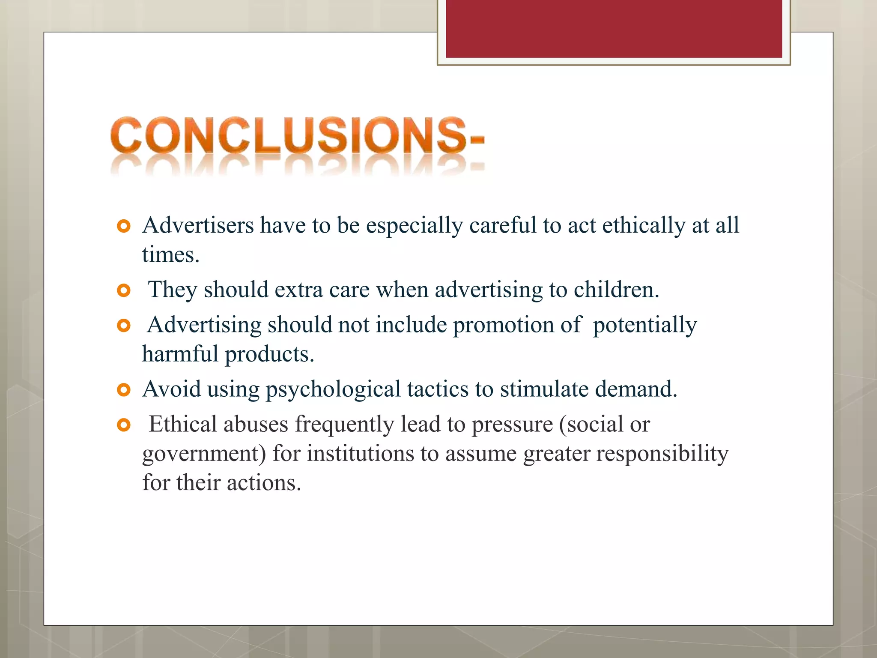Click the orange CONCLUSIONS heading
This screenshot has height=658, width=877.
(x=297, y=135)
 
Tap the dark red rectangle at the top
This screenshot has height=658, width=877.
(x=614, y=29)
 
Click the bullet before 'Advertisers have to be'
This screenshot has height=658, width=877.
(x=123, y=226)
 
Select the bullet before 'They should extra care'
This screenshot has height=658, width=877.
(x=123, y=291)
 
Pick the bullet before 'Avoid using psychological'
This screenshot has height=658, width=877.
(x=123, y=390)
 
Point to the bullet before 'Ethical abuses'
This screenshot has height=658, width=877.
(x=123, y=425)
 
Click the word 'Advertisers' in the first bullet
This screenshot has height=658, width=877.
(x=198, y=225)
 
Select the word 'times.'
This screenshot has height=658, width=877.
(x=171, y=255)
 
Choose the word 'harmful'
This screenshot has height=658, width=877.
(x=180, y=354)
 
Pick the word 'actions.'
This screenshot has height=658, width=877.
(x=264, y=483)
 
